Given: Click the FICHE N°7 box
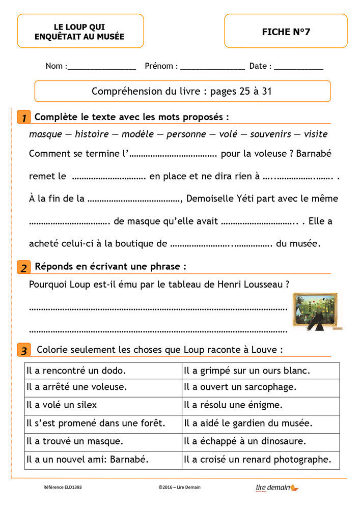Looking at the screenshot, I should pos(286,32).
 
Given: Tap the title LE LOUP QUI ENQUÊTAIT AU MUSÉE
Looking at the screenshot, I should pos(79,32).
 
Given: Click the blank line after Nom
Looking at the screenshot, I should pos(102,67).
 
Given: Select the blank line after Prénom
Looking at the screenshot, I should pos(212,67).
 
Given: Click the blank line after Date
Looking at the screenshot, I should pos(298,67).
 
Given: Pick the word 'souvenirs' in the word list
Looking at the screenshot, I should pos(270,134).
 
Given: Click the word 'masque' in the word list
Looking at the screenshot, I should pos(43,134).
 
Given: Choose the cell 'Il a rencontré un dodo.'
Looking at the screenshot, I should pos(103,371).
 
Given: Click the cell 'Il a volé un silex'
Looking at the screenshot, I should pos(103,406).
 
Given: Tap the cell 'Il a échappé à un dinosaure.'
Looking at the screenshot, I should pos(260,441).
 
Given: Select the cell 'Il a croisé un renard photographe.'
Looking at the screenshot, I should pos(260,460).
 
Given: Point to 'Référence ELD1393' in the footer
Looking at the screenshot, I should pos(63,487).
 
